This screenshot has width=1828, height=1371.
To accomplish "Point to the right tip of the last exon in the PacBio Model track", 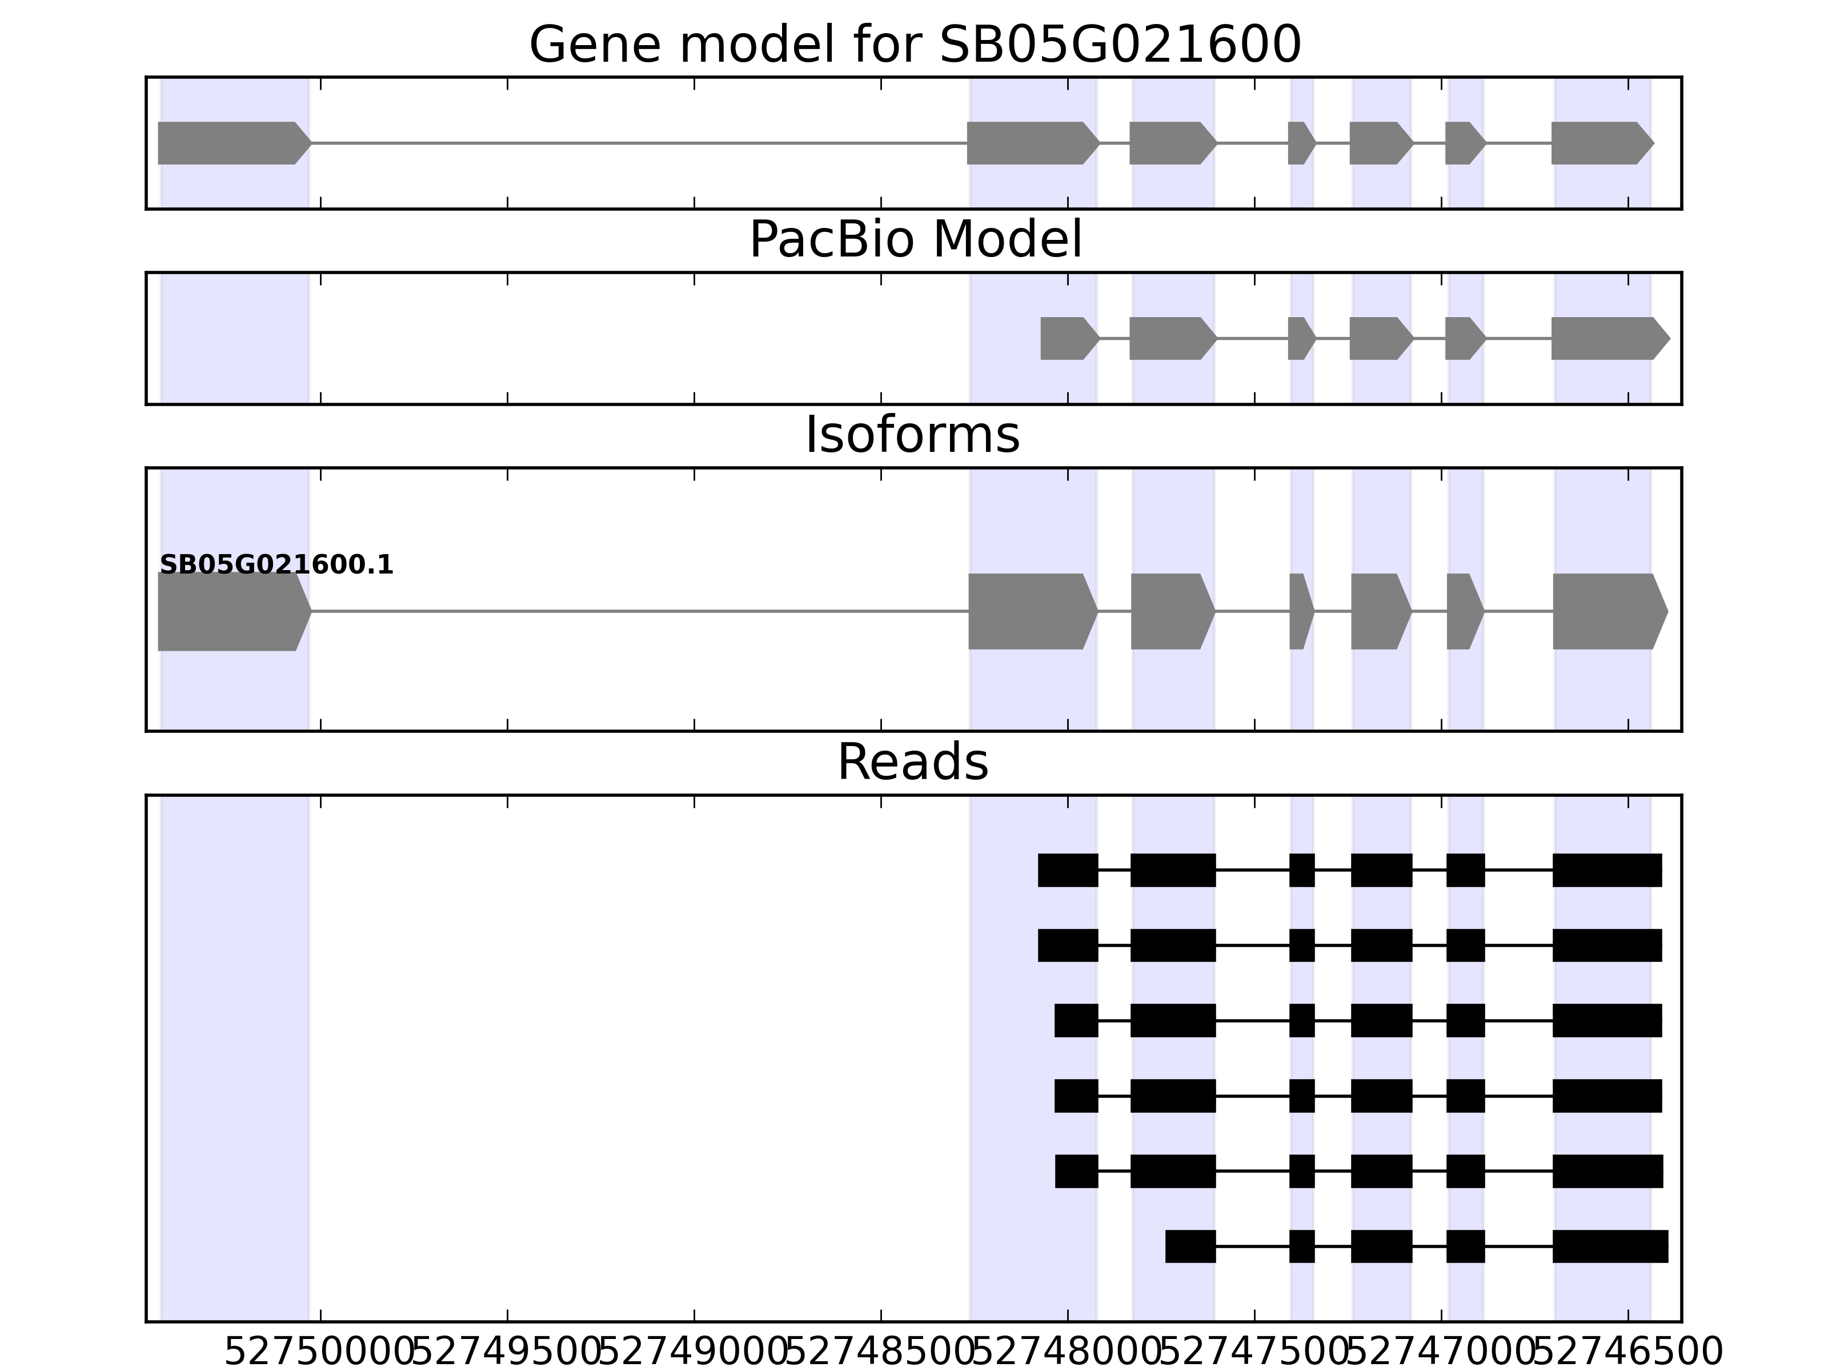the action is [x=1670, y=338].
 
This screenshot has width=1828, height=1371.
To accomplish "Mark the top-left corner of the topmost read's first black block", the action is [x=1038, y=853].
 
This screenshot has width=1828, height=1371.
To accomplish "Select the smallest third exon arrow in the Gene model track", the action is [x=1301, y=143].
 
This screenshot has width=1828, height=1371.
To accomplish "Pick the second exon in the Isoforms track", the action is [x=1033, y=612].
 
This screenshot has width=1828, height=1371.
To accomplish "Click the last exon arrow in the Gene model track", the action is [x=1602, y=143].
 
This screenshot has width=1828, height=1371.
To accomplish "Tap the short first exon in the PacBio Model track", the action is [x=1070, y=338].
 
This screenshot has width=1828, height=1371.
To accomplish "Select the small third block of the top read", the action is [x=1301, y=870].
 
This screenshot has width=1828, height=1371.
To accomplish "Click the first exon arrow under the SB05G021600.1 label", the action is [x=235, y=612].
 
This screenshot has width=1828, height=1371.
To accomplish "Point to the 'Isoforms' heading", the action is [x=912, y=435].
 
